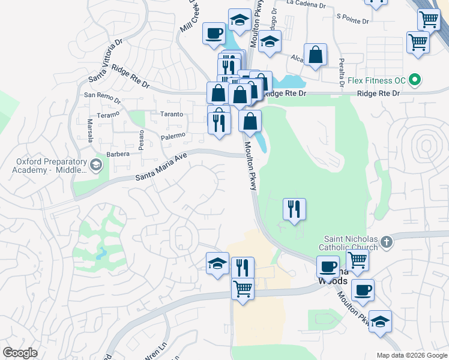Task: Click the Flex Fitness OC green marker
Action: [414, 80]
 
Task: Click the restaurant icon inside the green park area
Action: [294, 209]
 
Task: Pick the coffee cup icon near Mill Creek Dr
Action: [214, 33]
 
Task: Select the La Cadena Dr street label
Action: [306, 4]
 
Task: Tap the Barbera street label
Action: [118, 154]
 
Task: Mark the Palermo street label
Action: [173, 137]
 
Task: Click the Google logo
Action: [20, 353]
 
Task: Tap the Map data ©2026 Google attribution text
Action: [412, 355]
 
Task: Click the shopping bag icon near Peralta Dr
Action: [315, 55]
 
